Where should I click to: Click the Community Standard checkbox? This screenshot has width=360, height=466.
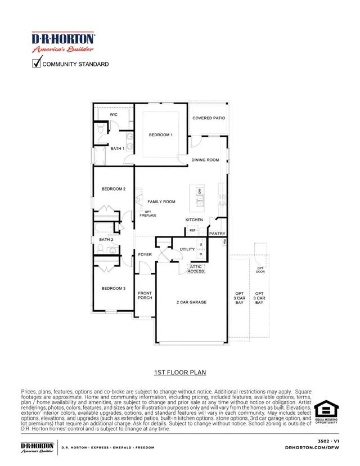37,64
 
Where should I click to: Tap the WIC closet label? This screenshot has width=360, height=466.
114,115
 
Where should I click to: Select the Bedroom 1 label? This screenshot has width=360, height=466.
160,135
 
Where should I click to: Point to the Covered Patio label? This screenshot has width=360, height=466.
209,118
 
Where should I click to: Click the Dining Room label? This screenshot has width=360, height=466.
205,160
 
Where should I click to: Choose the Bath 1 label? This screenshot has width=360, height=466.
117,149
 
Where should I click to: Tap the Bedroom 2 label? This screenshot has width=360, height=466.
113,189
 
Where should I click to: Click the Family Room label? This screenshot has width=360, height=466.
161,201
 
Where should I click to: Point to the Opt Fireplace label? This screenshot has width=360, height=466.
148,213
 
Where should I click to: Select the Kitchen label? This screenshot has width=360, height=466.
194,219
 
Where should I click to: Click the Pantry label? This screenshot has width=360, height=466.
217,234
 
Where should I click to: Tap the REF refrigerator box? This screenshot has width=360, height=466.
192,231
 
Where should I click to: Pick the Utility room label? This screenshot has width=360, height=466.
187,249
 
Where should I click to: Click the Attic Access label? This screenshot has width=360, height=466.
196,269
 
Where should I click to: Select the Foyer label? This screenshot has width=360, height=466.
145,255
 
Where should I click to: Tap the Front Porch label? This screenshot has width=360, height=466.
145,295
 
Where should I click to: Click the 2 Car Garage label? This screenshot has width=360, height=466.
191,302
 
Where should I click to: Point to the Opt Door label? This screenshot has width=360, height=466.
260,270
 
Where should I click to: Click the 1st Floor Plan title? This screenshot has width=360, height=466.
180,373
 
